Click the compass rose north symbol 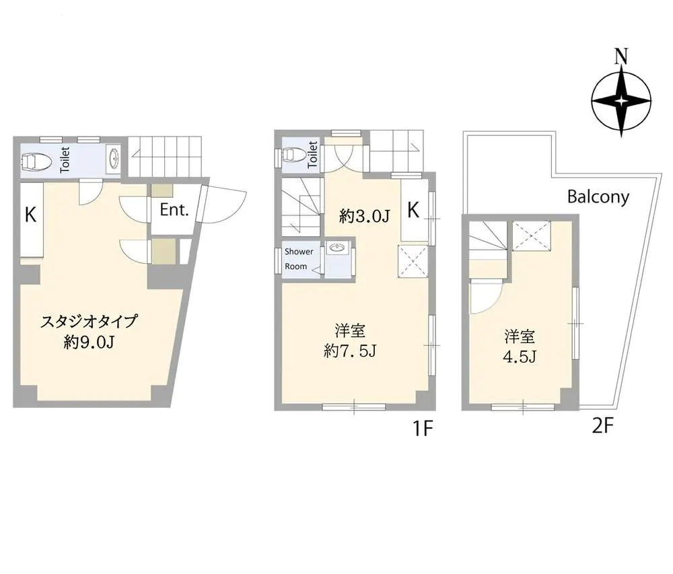coord(621,102)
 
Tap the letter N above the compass coord(621,57)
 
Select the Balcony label coord(598,197)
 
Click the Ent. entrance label coord(174,210)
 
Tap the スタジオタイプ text coord(89,322)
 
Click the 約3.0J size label coord(364,216)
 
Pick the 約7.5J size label coord(350,352)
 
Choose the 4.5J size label coord(520,357)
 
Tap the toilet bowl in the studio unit coord(36,162)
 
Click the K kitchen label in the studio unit coord(30,215)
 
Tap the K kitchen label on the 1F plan coord(413,210)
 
